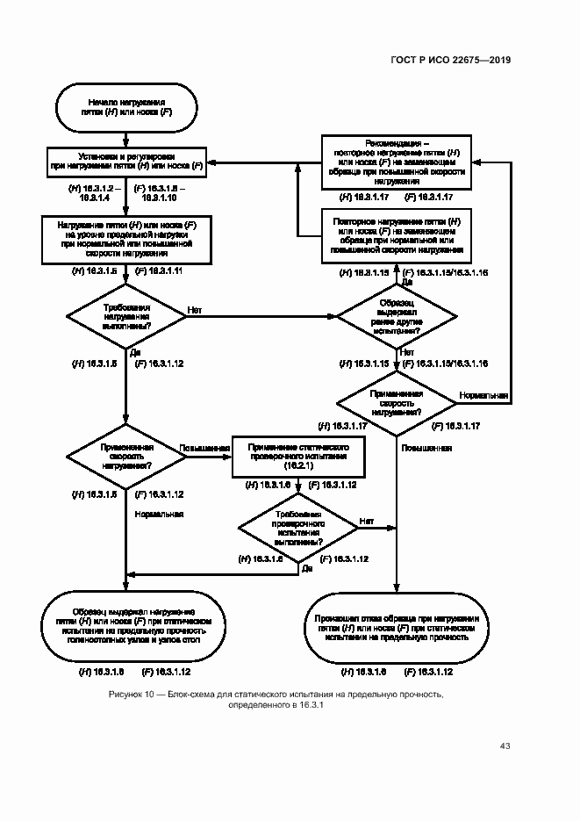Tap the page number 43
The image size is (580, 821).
pyautogui.click(x=505, y=746)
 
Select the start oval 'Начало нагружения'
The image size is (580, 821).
pyautogui.click(x=126, y=107)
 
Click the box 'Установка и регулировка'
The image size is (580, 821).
pyautogui.click(x=126, y=161)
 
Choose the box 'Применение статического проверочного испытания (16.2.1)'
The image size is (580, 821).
pyautogui.click(x=299, y=455)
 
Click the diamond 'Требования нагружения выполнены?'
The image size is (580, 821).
pyautogui.click(x=126, y=317)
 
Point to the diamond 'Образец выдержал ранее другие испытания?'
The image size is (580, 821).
pyautogui.click(x=397, y=317)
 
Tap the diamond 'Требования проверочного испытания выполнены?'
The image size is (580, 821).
pyautogui.click(x=300, y=529)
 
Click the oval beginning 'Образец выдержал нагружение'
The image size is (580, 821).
pyautogui.click(x=126, y=626)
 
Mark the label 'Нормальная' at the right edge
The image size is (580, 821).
pyautogui.click(x=483, y=396)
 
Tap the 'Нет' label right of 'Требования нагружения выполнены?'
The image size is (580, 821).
pyautogui.click(x=195, y=309)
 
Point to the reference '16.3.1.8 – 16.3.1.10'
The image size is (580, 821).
pyautogui.click(x=160, y=194)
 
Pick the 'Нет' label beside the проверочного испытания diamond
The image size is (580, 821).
pyautogui.click(x=366, y=521)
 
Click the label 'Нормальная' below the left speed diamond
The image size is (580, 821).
pyautogui.click(x=159, y=515)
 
